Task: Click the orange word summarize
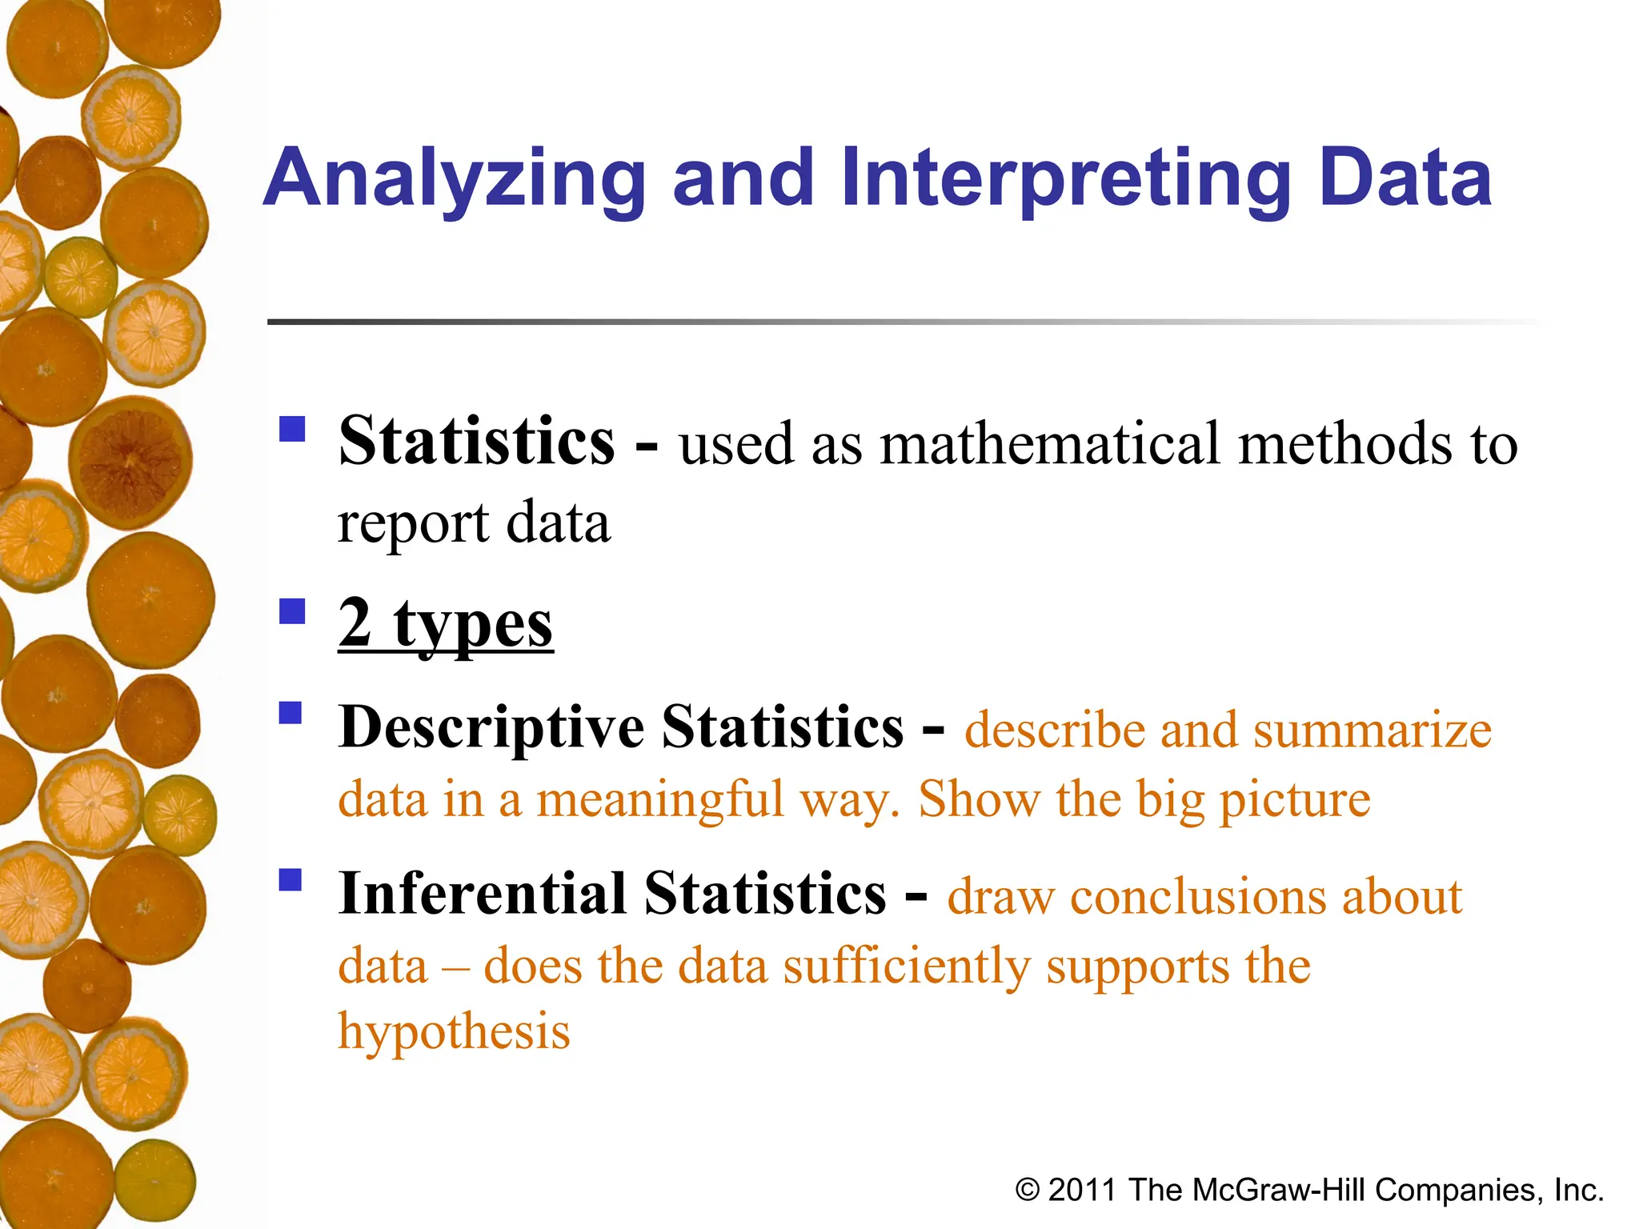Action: click(x=1372, y=730)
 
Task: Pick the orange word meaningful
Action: click(x=660, y=800)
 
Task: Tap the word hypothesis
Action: click(x=454, y=1032)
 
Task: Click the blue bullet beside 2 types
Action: click(x=292, y=612)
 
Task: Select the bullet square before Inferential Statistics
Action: click(x=291, y=880)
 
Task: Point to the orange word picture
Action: click(x=1294, y=800)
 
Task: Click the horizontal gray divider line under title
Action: click(x=800, y=322)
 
